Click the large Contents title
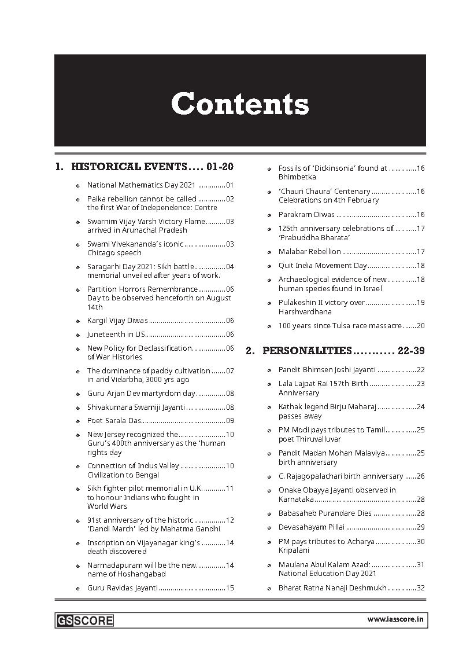pos(240,105)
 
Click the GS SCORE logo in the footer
pos(84,620)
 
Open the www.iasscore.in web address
pos(396,620)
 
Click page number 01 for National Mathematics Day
pos(229,185)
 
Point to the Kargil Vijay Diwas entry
pos(117,321)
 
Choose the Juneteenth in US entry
pos(116,335)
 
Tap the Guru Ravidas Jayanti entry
pos(123,588)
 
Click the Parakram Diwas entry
pos(306,215)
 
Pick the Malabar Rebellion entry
pos(310,252)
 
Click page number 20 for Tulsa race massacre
pos(421,326)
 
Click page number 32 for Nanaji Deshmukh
pos(421,588)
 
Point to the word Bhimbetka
pos(297,177)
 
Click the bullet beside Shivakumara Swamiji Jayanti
pos(78,407)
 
